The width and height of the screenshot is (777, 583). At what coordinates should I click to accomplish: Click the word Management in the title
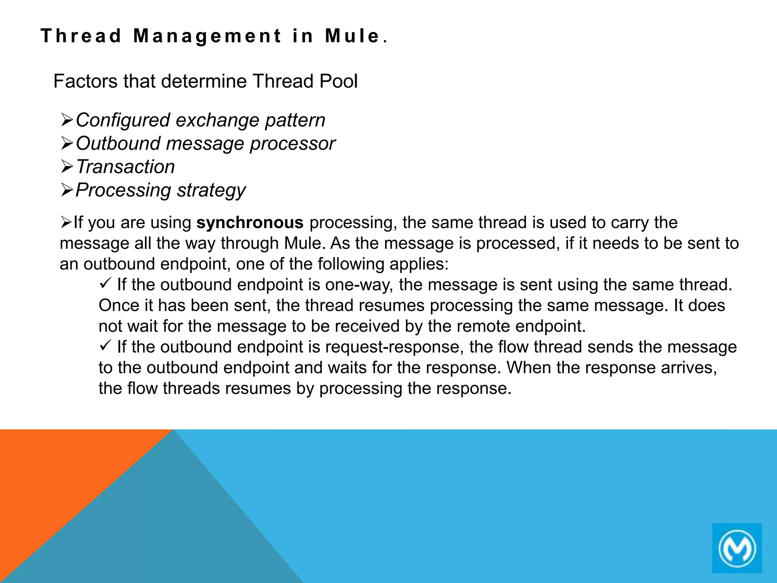[x=208, y=36]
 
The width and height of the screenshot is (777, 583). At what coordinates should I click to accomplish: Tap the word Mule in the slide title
[x=352, y=36]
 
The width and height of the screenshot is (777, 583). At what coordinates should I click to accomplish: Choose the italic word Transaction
[x=126, y=167]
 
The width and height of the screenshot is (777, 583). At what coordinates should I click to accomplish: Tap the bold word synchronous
[x=250, y=222]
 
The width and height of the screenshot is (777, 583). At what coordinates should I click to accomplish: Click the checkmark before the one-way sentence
[x=105, y=283]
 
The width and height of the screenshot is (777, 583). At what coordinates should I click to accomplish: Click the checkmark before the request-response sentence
[x=105, y=345]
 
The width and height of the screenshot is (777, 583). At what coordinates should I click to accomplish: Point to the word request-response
[x=394, y=347]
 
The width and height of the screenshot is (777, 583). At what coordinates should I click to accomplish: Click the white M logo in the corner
[x=737, y=548]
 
